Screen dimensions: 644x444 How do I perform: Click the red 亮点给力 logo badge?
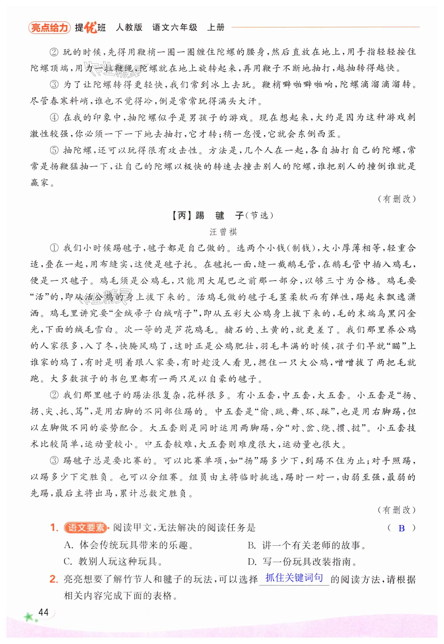click(x=49, y=28)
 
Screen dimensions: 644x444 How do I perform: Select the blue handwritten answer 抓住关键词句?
click(x=294, y=578)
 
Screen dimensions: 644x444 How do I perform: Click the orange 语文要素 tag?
click(x=85, y=527)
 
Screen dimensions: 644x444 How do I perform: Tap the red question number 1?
click(x=54, y=528)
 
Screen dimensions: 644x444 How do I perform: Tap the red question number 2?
click(x=54, y=579)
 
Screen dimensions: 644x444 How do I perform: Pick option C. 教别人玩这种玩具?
click(x=113, y=562)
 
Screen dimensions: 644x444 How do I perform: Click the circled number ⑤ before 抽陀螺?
click(x=54, y=150)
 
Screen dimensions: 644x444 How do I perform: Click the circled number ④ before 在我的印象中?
click(x=54, y=118)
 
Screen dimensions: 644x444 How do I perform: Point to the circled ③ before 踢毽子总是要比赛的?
click(x=54, y=461)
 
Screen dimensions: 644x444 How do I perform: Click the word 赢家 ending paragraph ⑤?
click(x=40, y=183)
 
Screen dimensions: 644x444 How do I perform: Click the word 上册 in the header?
click(x=216, y=28)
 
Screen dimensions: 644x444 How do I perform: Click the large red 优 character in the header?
click(x=91, y=27)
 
